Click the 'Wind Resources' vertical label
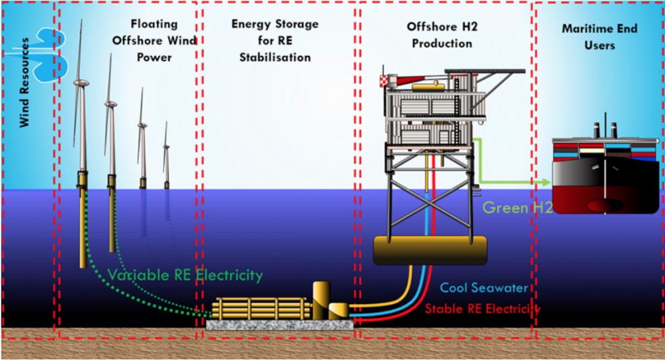coord(25,82)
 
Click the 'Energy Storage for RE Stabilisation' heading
coord(275,41)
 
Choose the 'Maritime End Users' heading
coord(599,37)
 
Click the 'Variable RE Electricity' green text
coord(185,275)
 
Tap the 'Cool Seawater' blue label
coord(483,288)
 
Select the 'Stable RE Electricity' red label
coord(482,309)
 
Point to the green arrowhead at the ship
coord(545,182)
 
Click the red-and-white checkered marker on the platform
coord(383,81)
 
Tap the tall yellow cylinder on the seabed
coord(322,299)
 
